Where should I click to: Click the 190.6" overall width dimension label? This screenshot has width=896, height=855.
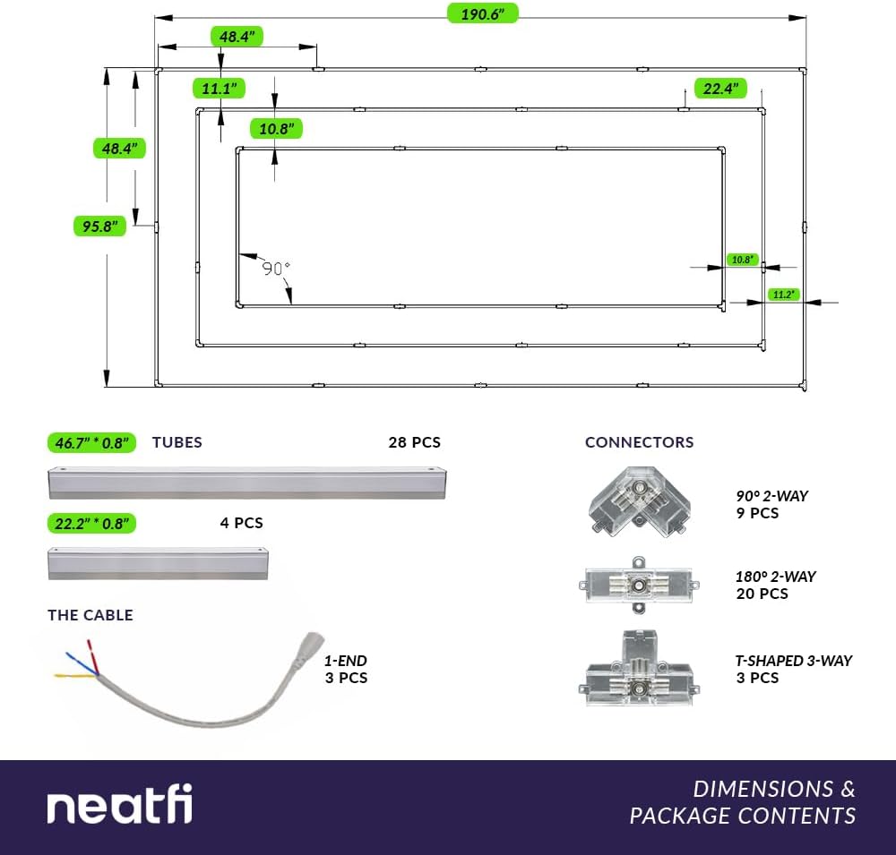coord(482,13)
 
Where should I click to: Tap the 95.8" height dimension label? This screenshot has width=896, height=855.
coord(99,227)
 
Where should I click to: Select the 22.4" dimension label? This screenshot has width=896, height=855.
coord(720,89)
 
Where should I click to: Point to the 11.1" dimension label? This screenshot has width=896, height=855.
coord(219,89)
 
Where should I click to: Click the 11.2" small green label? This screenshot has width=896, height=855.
coord(783,295)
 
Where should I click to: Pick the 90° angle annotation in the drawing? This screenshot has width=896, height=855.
coord(276,268)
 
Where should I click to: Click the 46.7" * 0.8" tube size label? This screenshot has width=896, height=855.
coord(91,442)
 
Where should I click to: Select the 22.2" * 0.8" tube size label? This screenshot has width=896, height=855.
coord(91,523)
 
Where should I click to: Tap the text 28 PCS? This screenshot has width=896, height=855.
coord(414,442)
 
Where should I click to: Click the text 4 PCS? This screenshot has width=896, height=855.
coord(241,523)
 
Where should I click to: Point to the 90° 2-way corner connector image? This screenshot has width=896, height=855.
coord(639,501)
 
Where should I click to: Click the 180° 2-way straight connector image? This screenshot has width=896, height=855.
coord(639,586)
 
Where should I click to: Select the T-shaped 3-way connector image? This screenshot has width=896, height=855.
coord(639,668)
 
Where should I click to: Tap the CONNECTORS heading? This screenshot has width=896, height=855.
coord(639,442)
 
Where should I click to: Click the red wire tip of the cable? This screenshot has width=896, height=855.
coord(88,641)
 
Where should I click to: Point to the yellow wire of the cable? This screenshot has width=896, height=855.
coord(75,676)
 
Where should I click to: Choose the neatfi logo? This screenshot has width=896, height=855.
coord(119,804)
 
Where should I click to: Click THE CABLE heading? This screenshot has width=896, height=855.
coord(90,615)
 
